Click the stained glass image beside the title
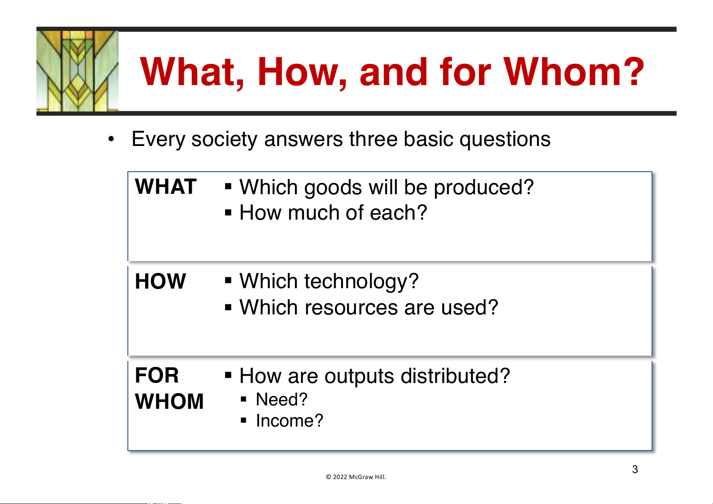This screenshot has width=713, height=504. click(x=77, y=71)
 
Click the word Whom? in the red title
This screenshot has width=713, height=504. click(x=574, y=72)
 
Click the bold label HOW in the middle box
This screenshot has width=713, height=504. click(x=160, y=281)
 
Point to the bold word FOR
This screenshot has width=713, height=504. click(x=157, y=375)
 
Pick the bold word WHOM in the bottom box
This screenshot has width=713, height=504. click(x=169, y=401)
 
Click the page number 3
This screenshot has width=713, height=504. click(x=635, y=469)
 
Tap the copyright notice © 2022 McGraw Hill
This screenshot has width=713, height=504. click(x=356, y=477)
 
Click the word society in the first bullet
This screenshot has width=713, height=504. click(x=224, y=140)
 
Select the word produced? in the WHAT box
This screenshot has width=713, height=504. click(x=484, y=187)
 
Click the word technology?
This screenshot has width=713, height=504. click(x=361, y=281)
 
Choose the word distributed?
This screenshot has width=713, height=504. click(x=455, y=376)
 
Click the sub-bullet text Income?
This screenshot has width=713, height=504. click(x=289, y=421)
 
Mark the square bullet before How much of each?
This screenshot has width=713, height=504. click(x=228, y=212)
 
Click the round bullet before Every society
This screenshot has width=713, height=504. click(x=111, y=139)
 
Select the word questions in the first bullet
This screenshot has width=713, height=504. click(x=505, y=140)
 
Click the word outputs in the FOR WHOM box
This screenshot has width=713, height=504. click(x=359, y=377)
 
